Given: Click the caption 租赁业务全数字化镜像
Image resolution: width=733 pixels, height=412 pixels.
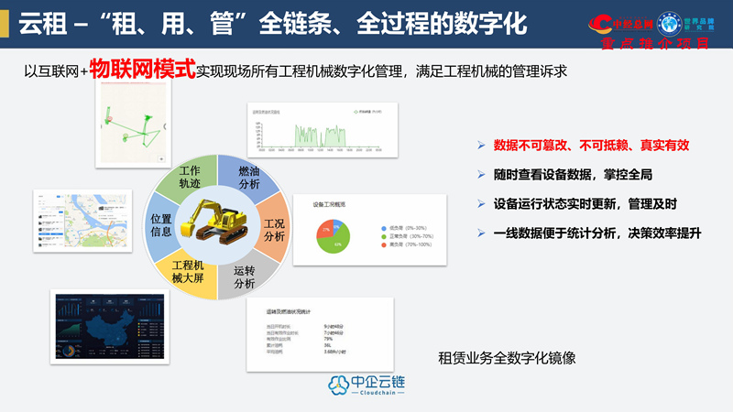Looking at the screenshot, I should coord(507,358).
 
